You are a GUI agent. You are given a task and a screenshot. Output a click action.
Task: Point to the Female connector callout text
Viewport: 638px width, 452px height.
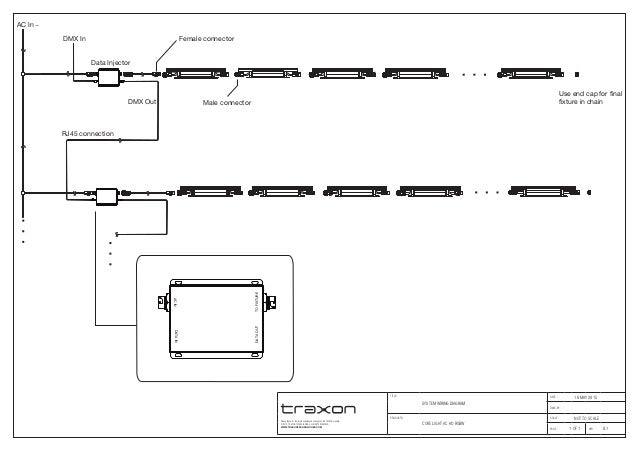point(206,38)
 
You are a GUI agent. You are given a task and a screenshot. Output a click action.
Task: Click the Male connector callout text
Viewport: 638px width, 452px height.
point(227,103)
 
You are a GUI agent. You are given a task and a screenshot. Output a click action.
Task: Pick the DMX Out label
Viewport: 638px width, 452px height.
point(142,102)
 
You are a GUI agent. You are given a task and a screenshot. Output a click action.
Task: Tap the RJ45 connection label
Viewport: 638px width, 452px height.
point(88,133)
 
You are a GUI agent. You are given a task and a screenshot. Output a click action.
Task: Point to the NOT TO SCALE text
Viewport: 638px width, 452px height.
point(585,419)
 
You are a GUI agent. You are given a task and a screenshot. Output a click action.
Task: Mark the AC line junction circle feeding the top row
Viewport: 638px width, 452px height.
point(24,73)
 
